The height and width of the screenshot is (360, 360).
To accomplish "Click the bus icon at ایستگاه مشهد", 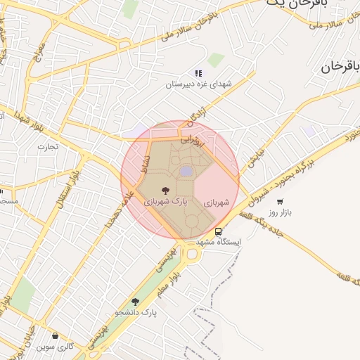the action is click(x=218, y=231).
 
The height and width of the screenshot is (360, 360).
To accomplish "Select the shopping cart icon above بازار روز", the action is click(x=280, y=202).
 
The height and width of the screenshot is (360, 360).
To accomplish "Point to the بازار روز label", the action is click(x=281, y=212).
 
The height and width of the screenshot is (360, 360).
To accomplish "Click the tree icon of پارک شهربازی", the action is click(x=165, y=190).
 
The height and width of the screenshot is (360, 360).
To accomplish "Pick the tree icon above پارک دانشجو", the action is click(x=135, y=302).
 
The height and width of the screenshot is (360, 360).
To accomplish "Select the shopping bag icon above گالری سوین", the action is click(x=56, y=336).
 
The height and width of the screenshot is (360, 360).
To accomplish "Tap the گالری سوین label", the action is click(x=56, y=347).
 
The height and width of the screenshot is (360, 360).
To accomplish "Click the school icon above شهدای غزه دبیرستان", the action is click(x=198, y=73).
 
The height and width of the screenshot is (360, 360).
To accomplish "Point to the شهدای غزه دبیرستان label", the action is click(x=198, y=84).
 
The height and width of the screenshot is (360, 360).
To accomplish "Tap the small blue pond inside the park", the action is click(x=186, y=171).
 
